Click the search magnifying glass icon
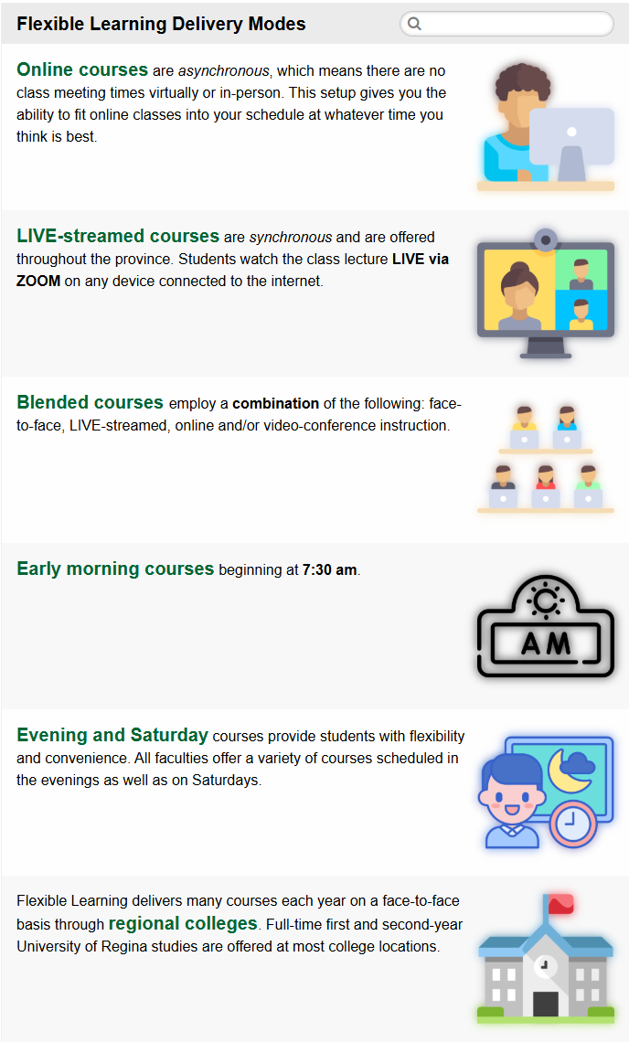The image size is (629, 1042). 414,24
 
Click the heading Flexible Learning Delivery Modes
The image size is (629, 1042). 161,24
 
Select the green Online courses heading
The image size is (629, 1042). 82,69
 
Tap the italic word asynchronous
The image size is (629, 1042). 223,71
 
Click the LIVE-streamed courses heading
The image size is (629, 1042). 118,236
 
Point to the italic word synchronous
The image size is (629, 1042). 291,238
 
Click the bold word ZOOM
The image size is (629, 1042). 38,282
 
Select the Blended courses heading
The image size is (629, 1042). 90,402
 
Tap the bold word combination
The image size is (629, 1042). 276,403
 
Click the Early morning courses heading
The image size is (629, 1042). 115,569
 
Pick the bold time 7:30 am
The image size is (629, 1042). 330,570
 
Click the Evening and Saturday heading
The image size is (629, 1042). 112,735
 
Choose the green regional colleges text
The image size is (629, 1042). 183,924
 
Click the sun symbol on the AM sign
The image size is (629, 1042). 545,601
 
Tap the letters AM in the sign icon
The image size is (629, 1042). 546,643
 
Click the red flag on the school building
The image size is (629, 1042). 560,904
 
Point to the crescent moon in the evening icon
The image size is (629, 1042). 564,771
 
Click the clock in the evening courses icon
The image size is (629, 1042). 572,824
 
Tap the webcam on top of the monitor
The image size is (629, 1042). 546,239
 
